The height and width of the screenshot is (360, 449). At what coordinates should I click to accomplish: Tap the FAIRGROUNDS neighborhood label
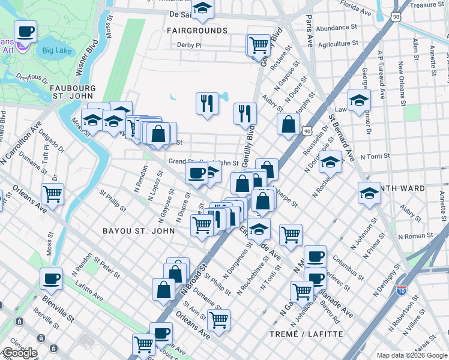tap(197, 30)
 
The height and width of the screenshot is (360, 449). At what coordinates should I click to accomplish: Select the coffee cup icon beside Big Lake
tap(25, 31)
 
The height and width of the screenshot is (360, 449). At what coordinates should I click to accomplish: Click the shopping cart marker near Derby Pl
tap(258, 44)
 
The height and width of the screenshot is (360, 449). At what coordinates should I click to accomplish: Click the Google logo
tap(19, 353)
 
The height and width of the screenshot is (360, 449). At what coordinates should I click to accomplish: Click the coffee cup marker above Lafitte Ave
tap(52, 278)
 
